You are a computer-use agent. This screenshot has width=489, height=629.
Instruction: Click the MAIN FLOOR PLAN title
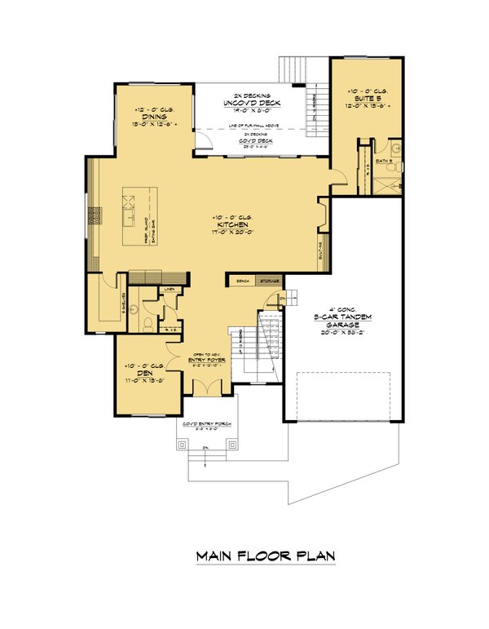click(266, 557)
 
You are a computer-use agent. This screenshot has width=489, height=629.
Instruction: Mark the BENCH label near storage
click(242, 281)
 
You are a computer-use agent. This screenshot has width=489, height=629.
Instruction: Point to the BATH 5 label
click(388, 162)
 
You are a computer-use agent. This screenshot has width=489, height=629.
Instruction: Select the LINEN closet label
click(170, 289)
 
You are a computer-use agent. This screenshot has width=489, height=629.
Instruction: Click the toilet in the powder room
click(146, 321)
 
